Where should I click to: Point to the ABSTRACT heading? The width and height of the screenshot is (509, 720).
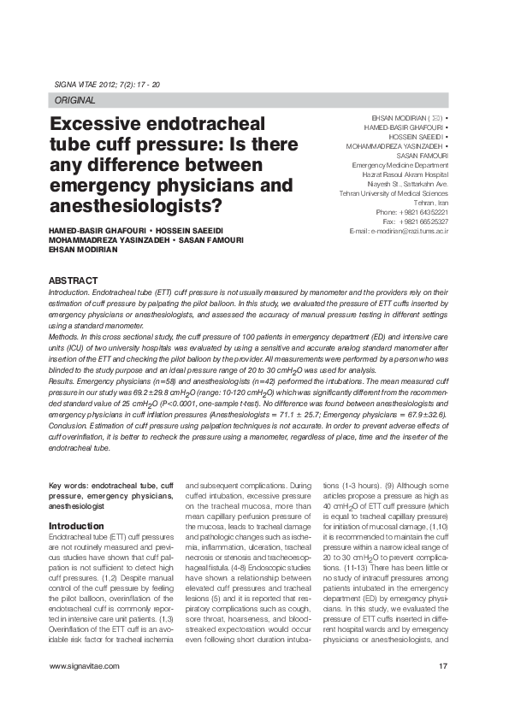tap(73, 280)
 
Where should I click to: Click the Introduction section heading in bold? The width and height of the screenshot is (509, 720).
tap(76, 526)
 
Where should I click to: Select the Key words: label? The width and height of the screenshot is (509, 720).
tap(68, 485)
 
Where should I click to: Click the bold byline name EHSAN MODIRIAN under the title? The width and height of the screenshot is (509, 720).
tap(83, 250)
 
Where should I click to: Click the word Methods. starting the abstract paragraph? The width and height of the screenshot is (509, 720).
tap(65, 338)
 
